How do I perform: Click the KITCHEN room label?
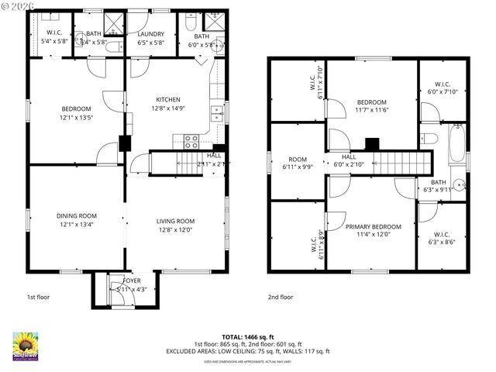[x=168, y=99]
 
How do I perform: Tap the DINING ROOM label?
[x=76, y=215]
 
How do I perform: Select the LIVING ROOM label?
[x=175, y=221]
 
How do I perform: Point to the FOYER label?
[x=121, y=281]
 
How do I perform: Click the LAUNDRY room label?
[x=150, y=34]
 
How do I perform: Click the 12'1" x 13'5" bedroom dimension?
[x=76, y=119]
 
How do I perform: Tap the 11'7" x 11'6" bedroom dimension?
[x=371, y=112]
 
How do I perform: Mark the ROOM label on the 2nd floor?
[x=298, y=159]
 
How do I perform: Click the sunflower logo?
[x=25, y=345]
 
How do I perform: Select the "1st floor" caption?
[x=39, y=297]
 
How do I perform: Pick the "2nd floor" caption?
[x=281, y=297]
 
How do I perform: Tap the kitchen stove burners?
[x=191, y=140]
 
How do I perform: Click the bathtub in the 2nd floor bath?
[x=456, y=143]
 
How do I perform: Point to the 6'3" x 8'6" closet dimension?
[x=443, y=242]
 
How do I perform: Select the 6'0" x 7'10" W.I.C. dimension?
[x=443, y=91]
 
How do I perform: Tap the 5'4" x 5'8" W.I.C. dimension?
[x=54, y=41]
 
